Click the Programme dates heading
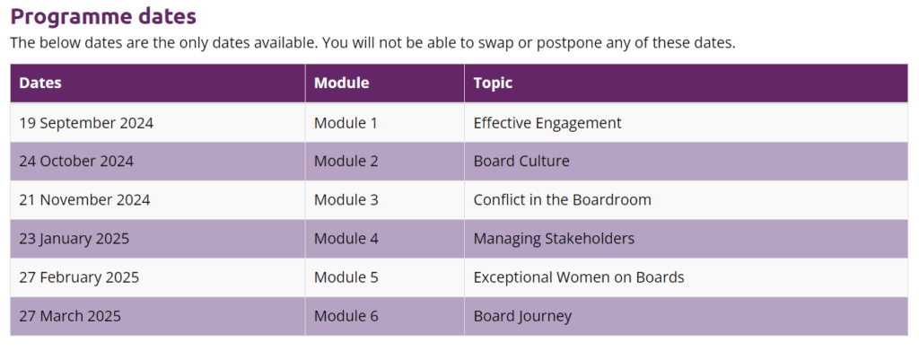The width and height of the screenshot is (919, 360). point(103,16)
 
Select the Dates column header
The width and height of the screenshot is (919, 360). point(40,83)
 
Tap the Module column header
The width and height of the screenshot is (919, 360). point(341,83)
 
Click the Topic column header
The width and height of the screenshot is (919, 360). point(493,83)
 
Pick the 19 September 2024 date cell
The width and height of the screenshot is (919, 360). point(86,123)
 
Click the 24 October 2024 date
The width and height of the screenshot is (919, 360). point(76,162)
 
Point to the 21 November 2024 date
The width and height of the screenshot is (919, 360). point(84,200)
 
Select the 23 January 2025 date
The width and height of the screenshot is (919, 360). point(74,239)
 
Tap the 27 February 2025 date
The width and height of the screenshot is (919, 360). point(79,277)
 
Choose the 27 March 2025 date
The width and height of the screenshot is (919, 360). point(70,316)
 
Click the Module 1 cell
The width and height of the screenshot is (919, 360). point(346,123)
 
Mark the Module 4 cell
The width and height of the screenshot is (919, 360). point(346,239)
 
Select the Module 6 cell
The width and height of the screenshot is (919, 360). point(346,316)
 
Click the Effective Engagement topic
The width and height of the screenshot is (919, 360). point(547,123)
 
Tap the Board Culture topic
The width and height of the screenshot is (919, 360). point(521,162)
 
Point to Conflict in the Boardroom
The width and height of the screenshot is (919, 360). point(563,200)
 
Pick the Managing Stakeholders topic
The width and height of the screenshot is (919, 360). point(554,239)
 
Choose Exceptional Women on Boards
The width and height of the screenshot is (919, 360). point(579,277)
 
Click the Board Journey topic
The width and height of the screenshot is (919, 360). point(522,316)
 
